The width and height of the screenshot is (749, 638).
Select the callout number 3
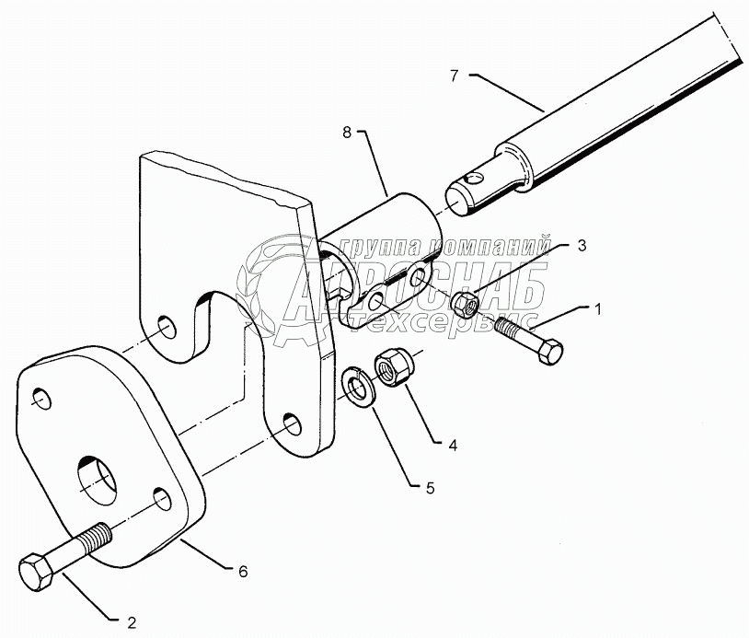pyautogui.click(x=581, y=246)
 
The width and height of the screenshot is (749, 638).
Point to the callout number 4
pyautogui.click(x=452, y=444)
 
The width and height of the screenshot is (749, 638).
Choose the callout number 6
pyautogui.click(x=243, y=572)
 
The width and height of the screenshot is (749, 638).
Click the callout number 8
pyautogui.click(x=346, y=134)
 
